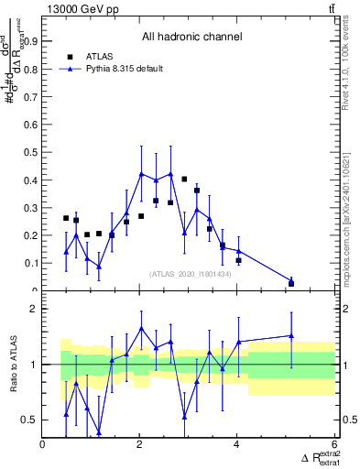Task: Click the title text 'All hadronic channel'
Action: tap(191, 38)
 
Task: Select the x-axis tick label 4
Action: tap(237, 446)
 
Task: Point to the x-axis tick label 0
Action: tap(43, 446)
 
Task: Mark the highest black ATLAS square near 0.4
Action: tap(184, 180)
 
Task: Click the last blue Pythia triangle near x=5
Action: tap(291, 280)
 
